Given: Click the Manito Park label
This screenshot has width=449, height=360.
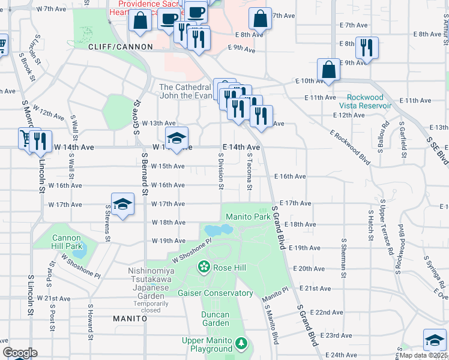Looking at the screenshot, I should [x=247, y=216].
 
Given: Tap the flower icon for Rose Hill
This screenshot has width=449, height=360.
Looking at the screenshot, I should [x=204, y=266].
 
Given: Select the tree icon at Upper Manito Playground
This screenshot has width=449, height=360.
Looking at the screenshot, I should [x=241, y=343].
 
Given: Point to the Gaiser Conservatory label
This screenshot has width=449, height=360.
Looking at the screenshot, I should [x=215, y=293].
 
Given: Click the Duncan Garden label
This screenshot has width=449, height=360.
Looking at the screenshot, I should [x=215, y=319].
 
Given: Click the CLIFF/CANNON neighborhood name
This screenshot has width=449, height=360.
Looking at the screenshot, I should [x=116, y=46].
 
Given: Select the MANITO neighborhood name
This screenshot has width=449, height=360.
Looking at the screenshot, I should [x=130, y=319].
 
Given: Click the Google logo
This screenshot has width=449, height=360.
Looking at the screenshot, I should [x=19, y=353].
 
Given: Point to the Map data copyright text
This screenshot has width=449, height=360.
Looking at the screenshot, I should [x=424, y=355].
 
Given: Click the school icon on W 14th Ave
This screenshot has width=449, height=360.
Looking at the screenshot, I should [x=176, y=139].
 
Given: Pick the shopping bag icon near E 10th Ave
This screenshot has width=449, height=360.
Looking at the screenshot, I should [x=329, y=70].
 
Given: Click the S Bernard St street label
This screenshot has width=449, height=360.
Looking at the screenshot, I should [x=145, y=174].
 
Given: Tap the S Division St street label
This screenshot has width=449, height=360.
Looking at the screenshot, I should [x=221, y=171].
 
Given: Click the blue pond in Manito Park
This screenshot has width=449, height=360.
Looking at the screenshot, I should [x=218, y=230].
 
